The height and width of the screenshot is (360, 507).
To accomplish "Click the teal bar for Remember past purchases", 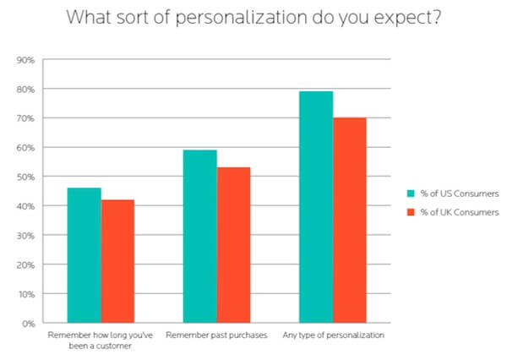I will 200,236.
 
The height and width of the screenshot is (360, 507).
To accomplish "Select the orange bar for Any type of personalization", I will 349,220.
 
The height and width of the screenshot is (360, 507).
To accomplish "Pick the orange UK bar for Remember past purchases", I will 233,245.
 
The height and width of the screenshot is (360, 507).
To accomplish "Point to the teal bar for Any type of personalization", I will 316,207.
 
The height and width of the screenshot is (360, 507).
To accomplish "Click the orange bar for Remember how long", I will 117,261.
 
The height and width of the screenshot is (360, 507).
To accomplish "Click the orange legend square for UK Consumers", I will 410,211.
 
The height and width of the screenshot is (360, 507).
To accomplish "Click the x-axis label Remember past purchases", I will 216,335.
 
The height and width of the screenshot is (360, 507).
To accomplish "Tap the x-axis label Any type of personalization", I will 333,335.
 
